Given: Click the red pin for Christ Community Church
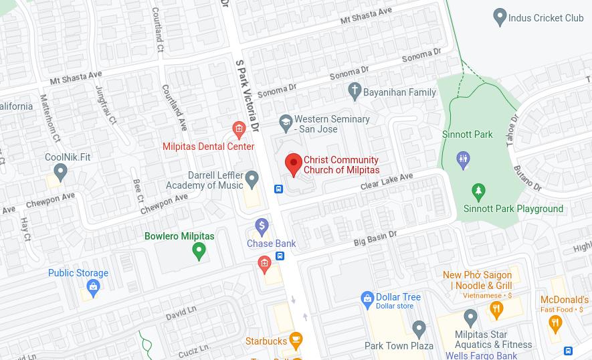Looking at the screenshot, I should [293, 164].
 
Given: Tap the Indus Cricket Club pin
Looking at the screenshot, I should [499, 17].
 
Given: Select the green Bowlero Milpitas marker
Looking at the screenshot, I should [199, 251].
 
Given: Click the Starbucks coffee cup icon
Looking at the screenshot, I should [295, 341].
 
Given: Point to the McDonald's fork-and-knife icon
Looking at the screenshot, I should [555, 323].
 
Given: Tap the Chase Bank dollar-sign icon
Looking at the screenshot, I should [262, 227].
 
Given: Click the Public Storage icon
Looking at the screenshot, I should [93, 288].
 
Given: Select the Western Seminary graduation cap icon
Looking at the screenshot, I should [286, 122].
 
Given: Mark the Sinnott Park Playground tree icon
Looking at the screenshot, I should [478, 193].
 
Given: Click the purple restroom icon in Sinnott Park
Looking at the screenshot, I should [463, 160].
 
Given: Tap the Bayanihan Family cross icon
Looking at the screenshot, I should [355, 90].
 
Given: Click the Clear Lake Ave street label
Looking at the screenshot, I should [387, 182].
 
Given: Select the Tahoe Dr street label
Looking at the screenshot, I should [512, 129].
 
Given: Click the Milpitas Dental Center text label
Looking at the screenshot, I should [208, 147].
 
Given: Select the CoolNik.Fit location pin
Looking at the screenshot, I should [61, 173].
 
